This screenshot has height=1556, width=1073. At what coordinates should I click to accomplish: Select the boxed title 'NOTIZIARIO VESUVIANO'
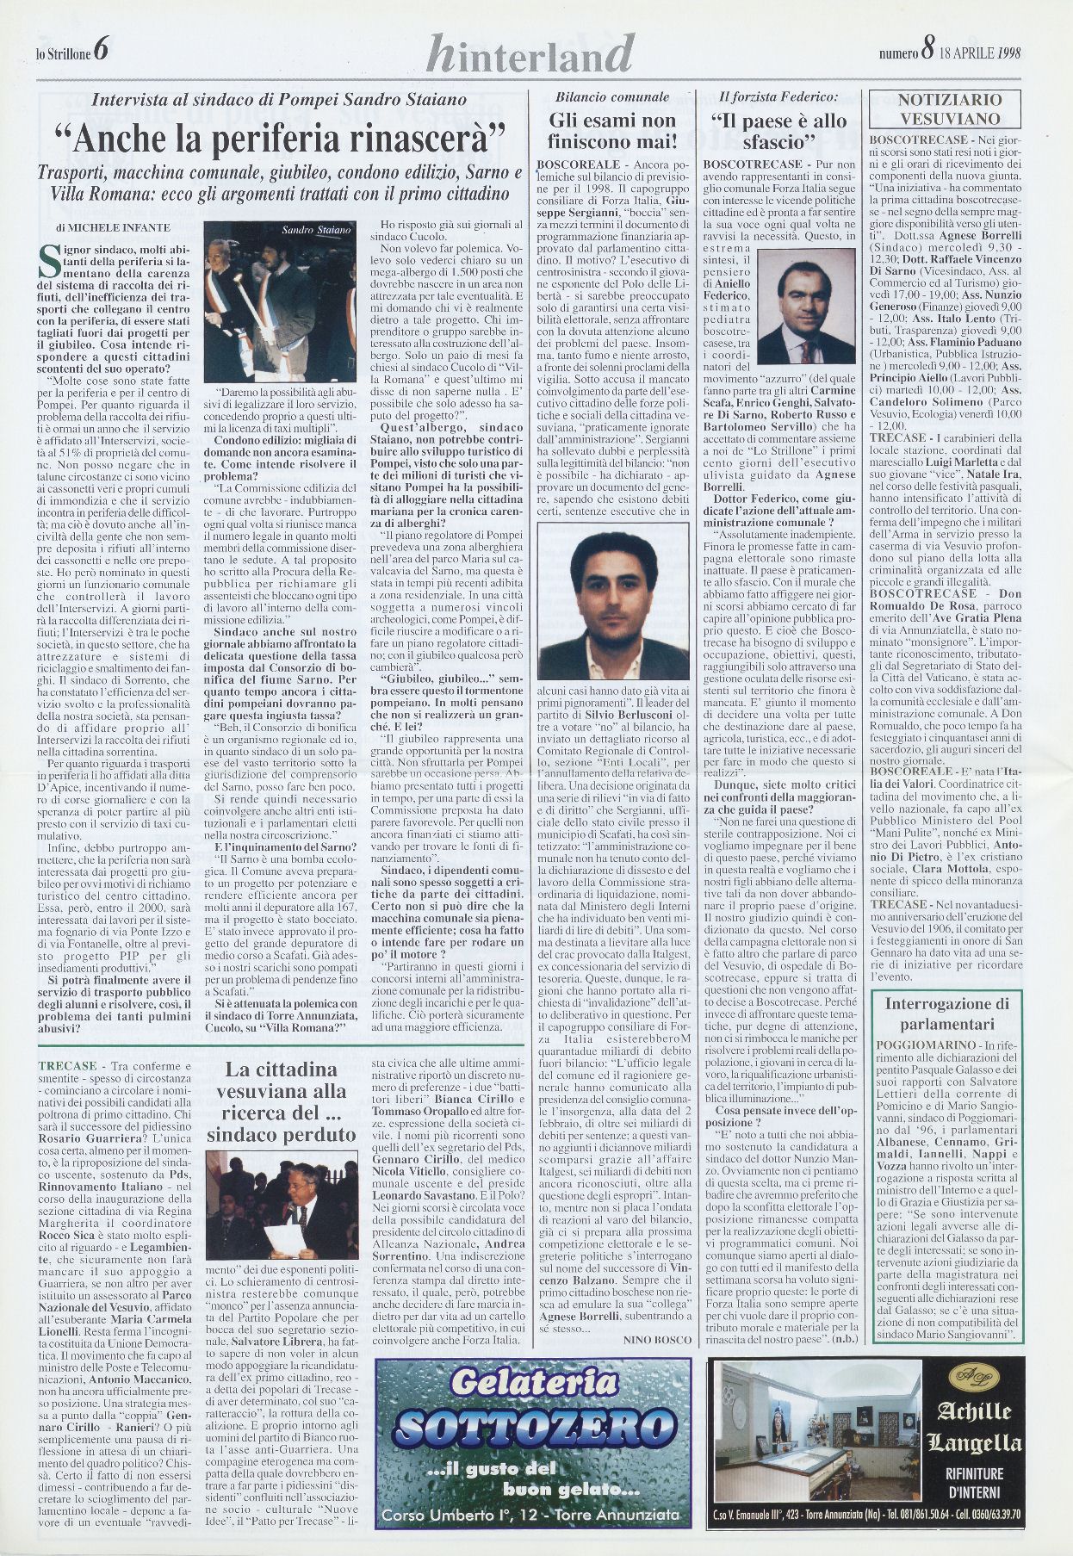[948, 109]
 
